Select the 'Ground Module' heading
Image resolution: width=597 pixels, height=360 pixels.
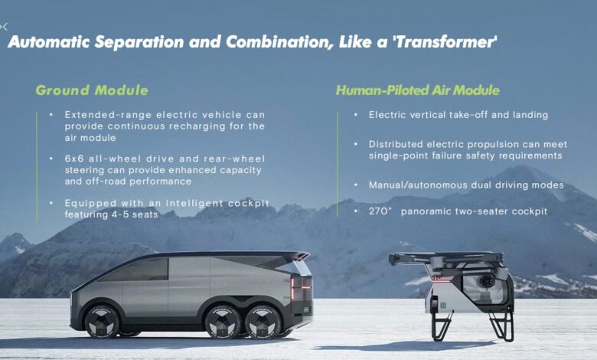click(92, 90)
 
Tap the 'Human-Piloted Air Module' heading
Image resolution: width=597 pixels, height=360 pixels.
click(417, 90)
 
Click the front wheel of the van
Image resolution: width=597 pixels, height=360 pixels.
click(101, 322)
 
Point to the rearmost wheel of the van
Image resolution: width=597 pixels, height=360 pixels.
click(263, 322)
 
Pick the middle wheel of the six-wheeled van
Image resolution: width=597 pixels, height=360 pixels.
click(223, 322)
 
